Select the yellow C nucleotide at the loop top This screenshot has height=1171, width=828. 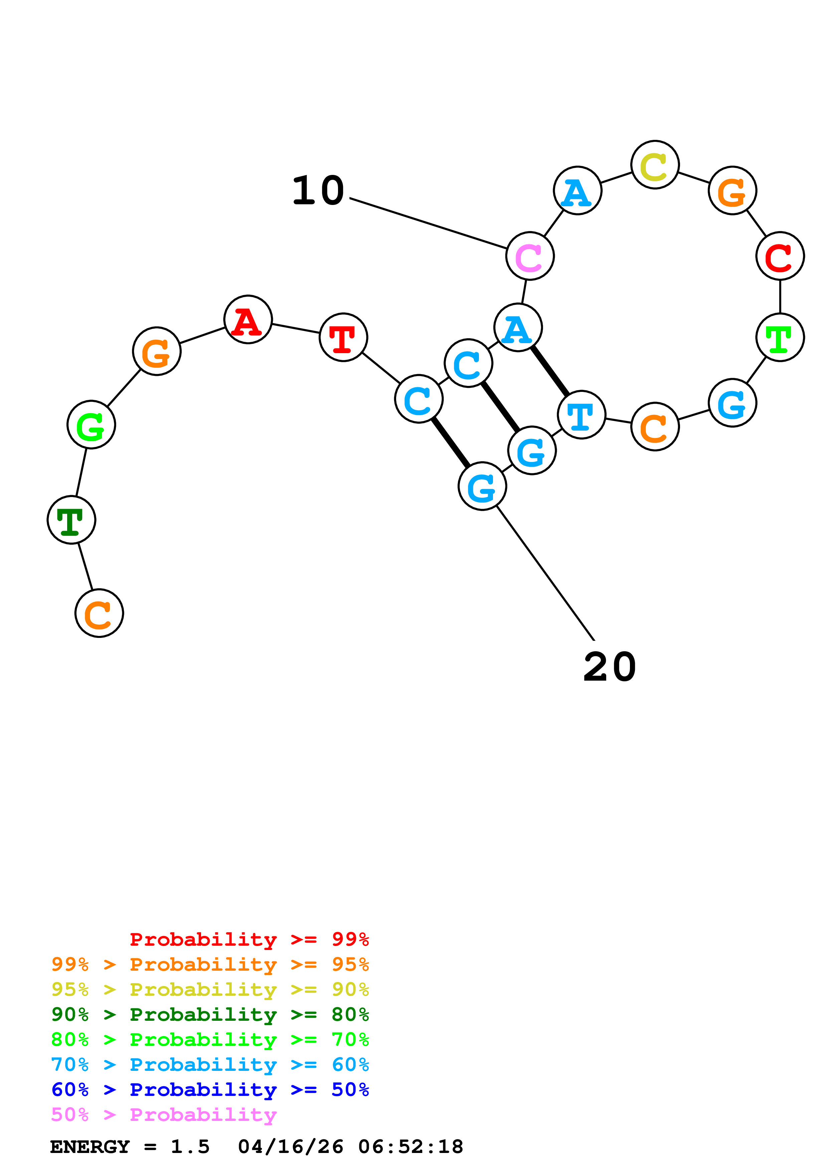point(655,165)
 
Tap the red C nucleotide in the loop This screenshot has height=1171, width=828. point(780,256)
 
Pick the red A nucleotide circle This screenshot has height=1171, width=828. point(248,320)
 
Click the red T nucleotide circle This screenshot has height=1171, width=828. point(343,337)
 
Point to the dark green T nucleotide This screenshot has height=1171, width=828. point(71,520)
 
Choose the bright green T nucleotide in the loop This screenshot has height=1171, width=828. point(780,337)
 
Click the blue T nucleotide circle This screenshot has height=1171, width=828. point(581,415)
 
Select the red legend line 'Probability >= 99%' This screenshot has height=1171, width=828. point(249,939)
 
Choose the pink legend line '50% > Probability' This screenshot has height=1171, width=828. point(163,1115)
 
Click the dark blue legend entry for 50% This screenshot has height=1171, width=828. point(210,1090)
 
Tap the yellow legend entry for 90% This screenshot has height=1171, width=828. point(210,989)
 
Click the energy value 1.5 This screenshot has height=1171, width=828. point(190,1147)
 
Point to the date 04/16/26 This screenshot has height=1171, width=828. point(290,1147)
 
